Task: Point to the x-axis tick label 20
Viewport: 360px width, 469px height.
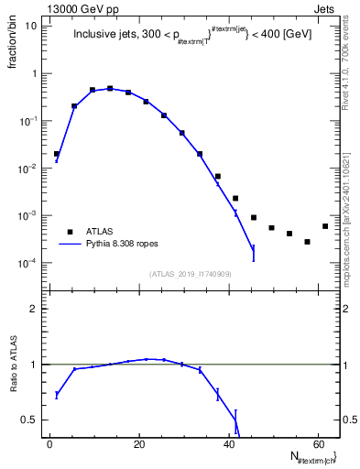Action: tap(137, 443)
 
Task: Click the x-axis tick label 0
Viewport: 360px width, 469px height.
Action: tap(49, 443)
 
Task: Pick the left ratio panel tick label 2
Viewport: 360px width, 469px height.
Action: tap(33, 309)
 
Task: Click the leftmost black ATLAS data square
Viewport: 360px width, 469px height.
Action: tap(57, 154)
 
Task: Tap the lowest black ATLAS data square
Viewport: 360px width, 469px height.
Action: tap(307, 242)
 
